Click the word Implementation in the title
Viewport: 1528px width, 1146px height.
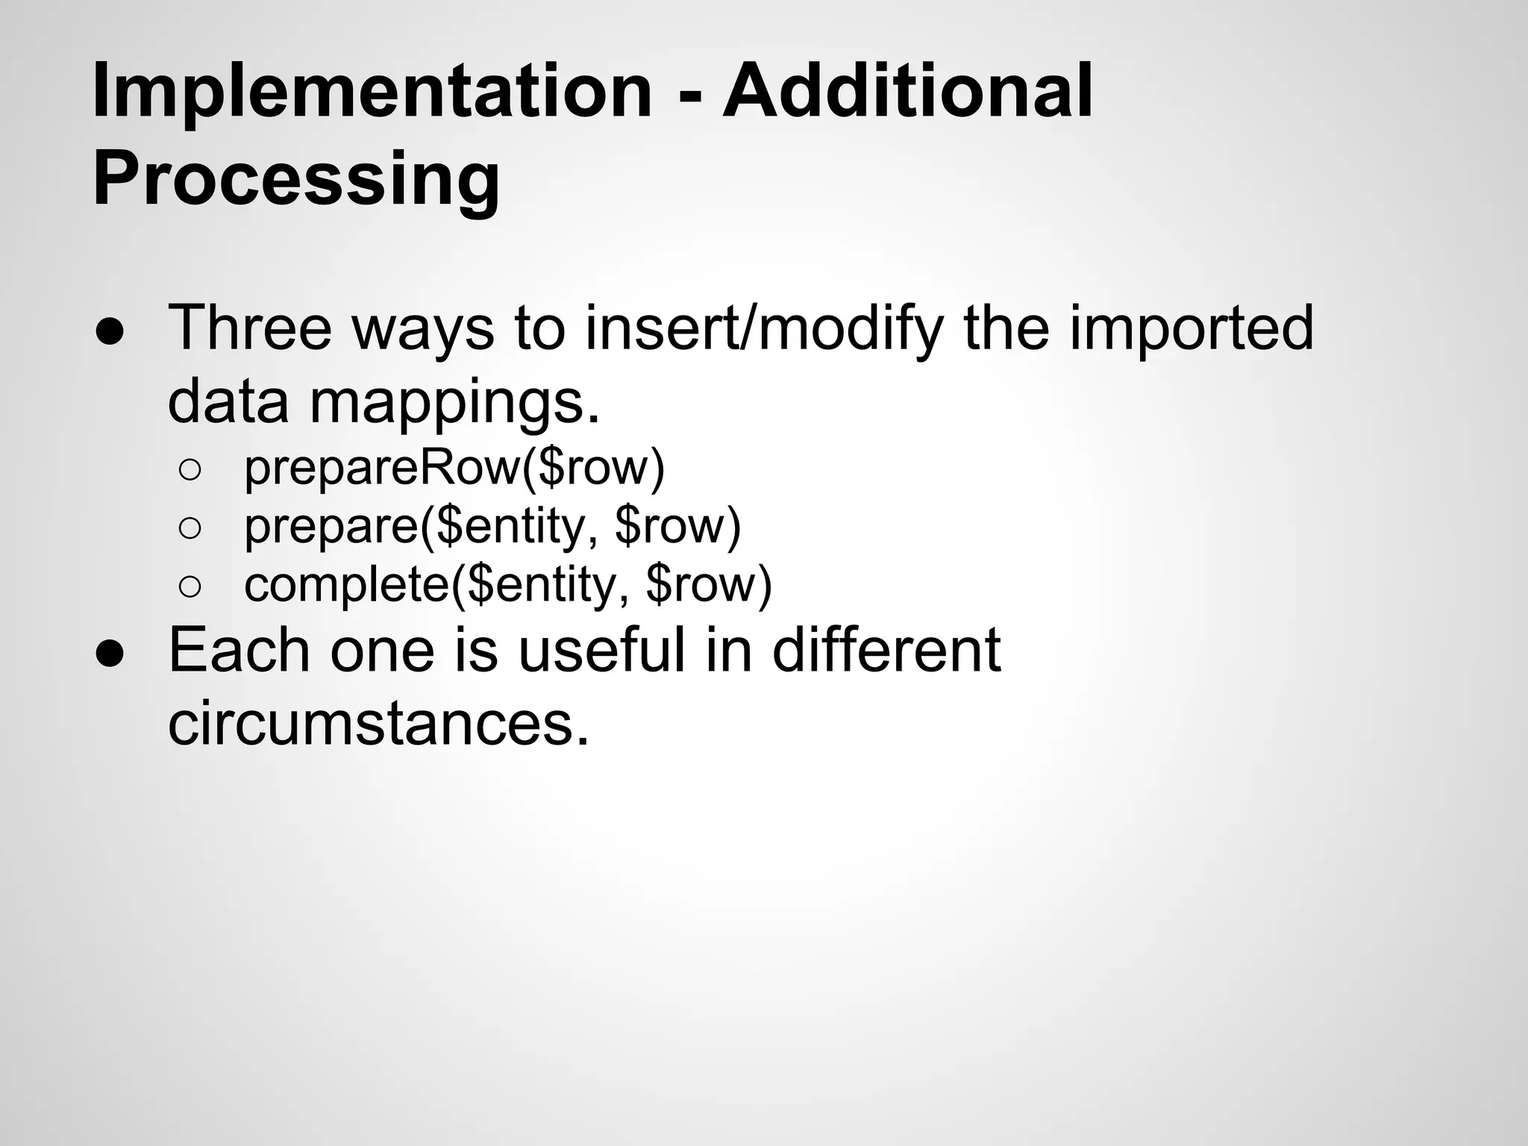372,93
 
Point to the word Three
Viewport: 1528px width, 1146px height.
250,328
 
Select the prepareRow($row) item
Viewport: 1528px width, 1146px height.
454,468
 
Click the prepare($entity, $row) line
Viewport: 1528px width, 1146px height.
492,527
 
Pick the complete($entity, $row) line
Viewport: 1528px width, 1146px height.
508,585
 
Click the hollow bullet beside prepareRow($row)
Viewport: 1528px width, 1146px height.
190,470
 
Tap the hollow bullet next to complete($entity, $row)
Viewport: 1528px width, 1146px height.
190,587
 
